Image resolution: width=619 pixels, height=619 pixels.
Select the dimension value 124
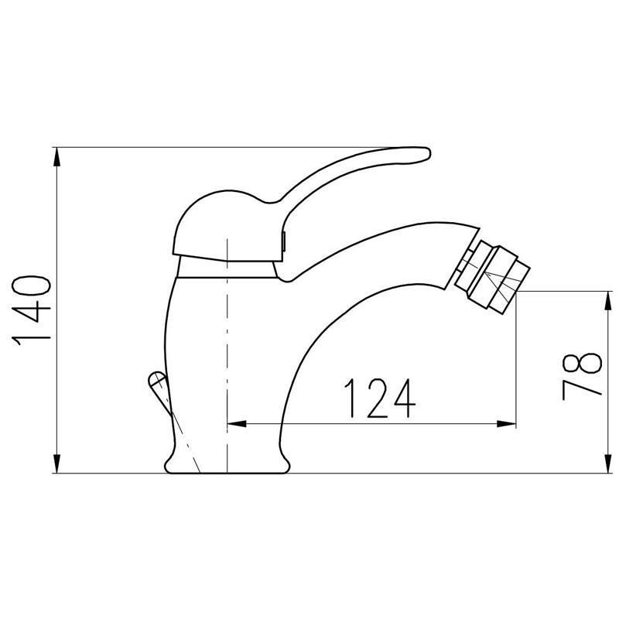click(x=380, y=396)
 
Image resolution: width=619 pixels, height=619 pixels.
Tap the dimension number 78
click(x=582, y=376)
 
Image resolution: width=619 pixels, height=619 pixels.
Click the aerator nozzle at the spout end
click(x=495, y=275)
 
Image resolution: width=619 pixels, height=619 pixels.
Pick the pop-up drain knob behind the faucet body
click(x=156, y=381)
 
